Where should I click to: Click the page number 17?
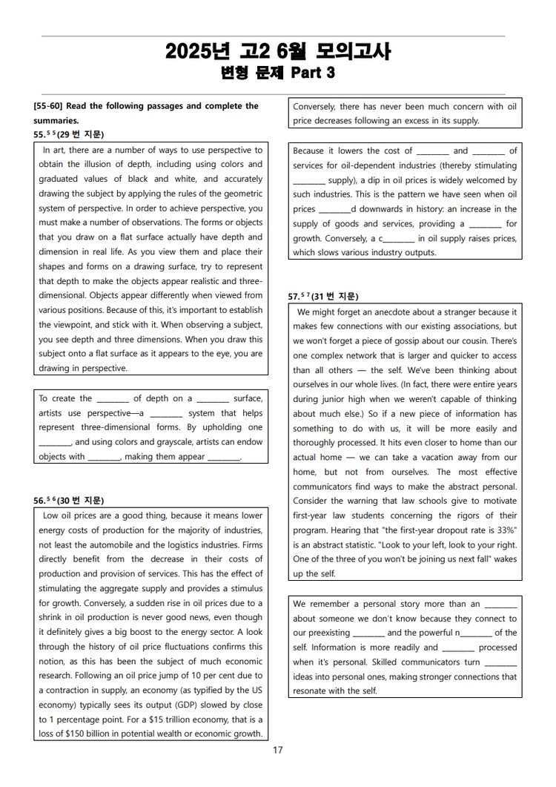click(x=278, y=751)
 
